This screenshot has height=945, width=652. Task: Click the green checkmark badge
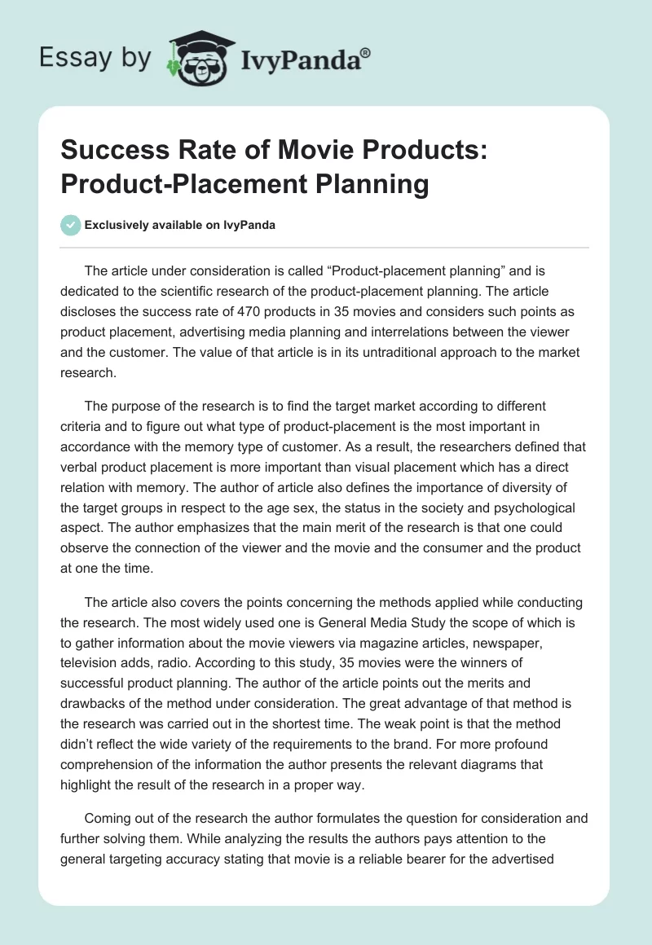click(71, 225)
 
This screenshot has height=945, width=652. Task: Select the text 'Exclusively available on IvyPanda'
click(180, 225)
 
